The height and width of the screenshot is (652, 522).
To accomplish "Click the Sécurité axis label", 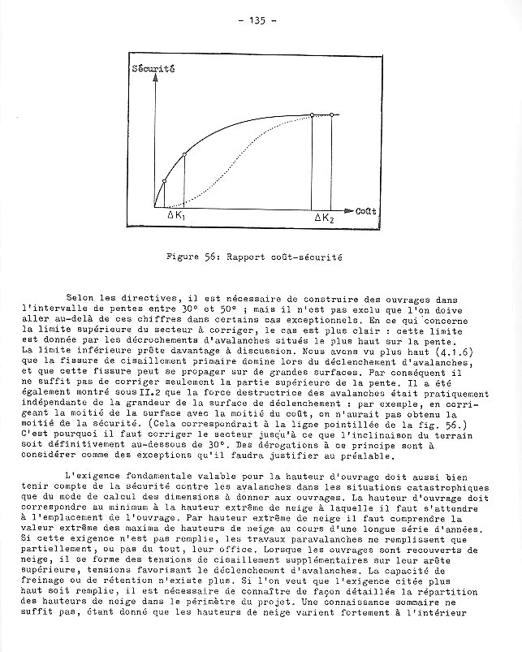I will coord(153,70).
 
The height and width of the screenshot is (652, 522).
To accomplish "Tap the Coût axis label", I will coord(365,210).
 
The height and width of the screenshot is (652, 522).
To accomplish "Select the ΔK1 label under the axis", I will coord(176,217).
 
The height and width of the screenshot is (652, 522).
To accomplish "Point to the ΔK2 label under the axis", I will coord(324,218).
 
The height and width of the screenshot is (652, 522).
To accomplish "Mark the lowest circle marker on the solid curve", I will coord(165,181).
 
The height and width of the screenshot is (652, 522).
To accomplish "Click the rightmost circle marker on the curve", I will coord(332,115).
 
